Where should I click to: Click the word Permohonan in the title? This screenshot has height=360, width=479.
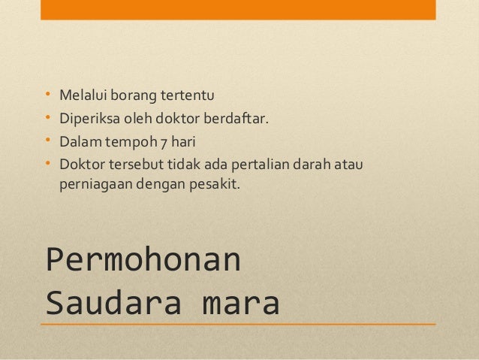pos(143,260)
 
